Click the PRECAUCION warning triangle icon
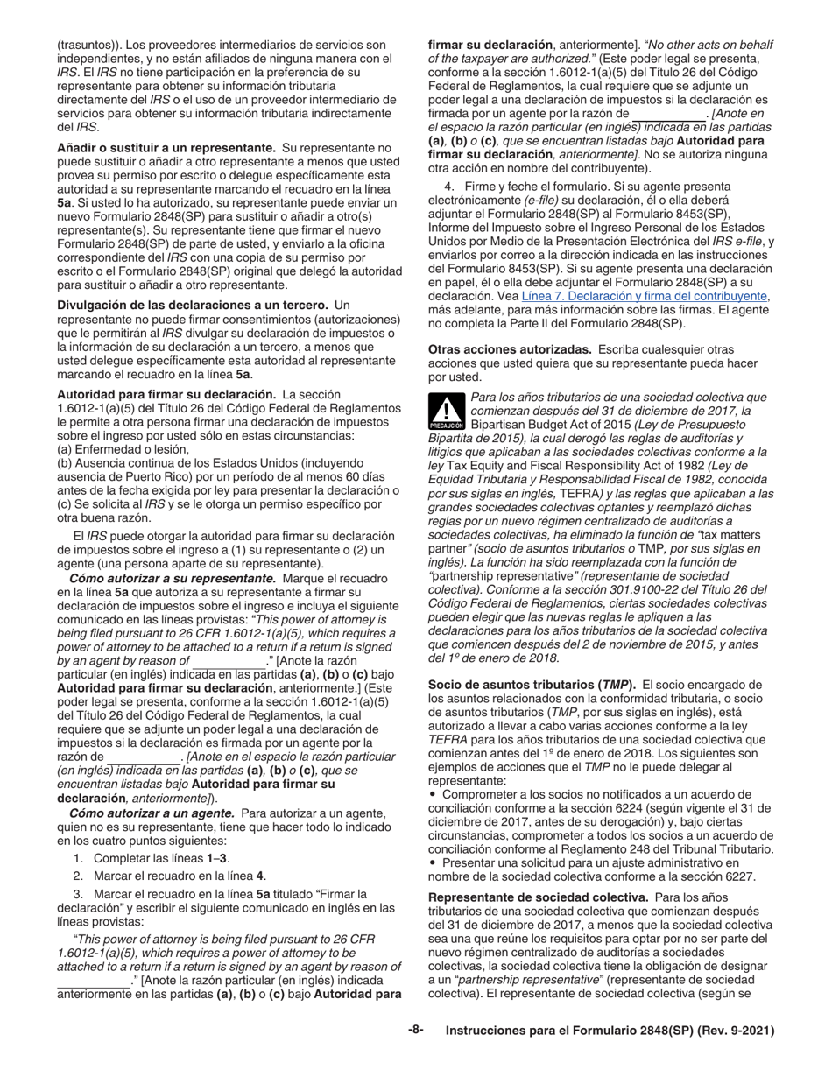447,412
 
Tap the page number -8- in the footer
415,1030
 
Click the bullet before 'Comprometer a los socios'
432,794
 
